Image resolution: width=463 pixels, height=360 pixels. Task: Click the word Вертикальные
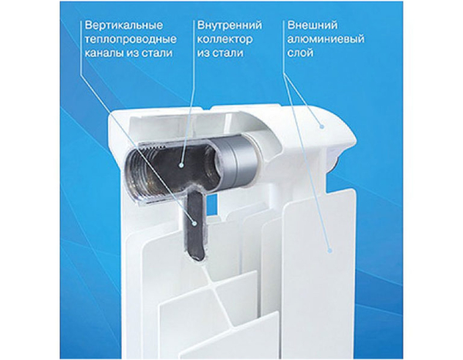coord(123,25)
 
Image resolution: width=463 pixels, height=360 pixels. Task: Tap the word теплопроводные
coord(130,39)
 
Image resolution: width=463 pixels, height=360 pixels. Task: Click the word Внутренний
coord(229,25)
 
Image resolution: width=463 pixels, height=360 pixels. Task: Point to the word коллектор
coord(225,39)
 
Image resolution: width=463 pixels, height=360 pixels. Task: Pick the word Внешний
coord(312,25)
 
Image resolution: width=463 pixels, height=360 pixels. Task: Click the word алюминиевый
coord(326,39)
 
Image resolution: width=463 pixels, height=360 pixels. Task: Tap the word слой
coord(300,53)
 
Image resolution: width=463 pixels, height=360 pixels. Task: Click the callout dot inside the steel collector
coord(181,165)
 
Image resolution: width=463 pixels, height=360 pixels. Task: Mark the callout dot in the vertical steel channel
coord(194,224)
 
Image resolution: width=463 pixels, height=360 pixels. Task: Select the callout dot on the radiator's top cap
coord(322,126)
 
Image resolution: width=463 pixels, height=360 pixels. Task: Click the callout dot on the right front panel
coord(330,251)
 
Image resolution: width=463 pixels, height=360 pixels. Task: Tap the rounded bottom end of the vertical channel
coord(196,254)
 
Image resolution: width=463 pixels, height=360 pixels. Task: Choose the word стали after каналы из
coord(157,53)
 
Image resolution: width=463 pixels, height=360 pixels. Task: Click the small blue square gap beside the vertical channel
coord(211,204)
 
